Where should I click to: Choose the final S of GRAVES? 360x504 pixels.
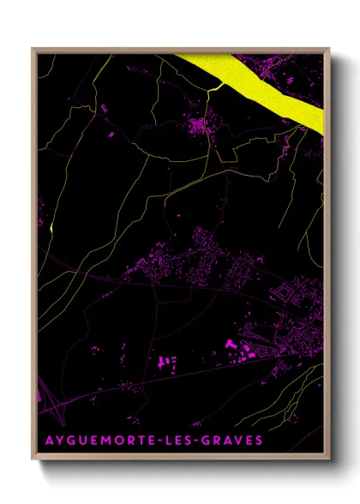261,440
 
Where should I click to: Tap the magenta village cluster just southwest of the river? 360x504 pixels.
204,128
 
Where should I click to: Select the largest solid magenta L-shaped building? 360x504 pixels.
231,345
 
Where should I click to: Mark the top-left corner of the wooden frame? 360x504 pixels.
33,49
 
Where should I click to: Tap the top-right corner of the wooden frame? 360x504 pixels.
328,49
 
